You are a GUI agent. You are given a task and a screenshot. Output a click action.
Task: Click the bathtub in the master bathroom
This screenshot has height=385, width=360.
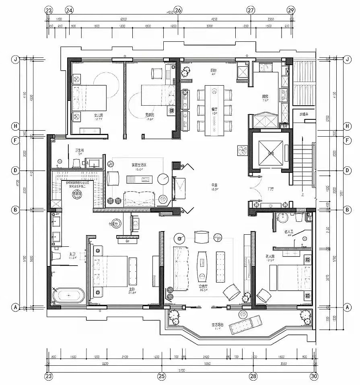coord(68,295)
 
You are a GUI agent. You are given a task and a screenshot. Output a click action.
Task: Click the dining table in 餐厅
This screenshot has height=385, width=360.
coord(213,109)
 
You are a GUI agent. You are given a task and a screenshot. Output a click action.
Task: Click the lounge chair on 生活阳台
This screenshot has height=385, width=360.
coord(246,324)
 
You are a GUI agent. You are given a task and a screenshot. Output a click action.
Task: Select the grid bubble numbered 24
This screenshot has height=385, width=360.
coord(69,10)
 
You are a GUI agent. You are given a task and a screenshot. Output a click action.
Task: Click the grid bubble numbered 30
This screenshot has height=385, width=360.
coord(314,377)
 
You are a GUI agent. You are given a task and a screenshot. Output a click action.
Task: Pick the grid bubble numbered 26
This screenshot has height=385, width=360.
coord(178,10)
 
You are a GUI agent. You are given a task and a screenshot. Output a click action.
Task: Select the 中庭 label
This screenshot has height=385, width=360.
coord(215,186)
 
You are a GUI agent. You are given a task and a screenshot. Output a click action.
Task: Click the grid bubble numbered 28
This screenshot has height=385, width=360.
coord(253,377)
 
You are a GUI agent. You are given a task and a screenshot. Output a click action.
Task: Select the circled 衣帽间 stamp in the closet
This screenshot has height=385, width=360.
coord(77,194)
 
